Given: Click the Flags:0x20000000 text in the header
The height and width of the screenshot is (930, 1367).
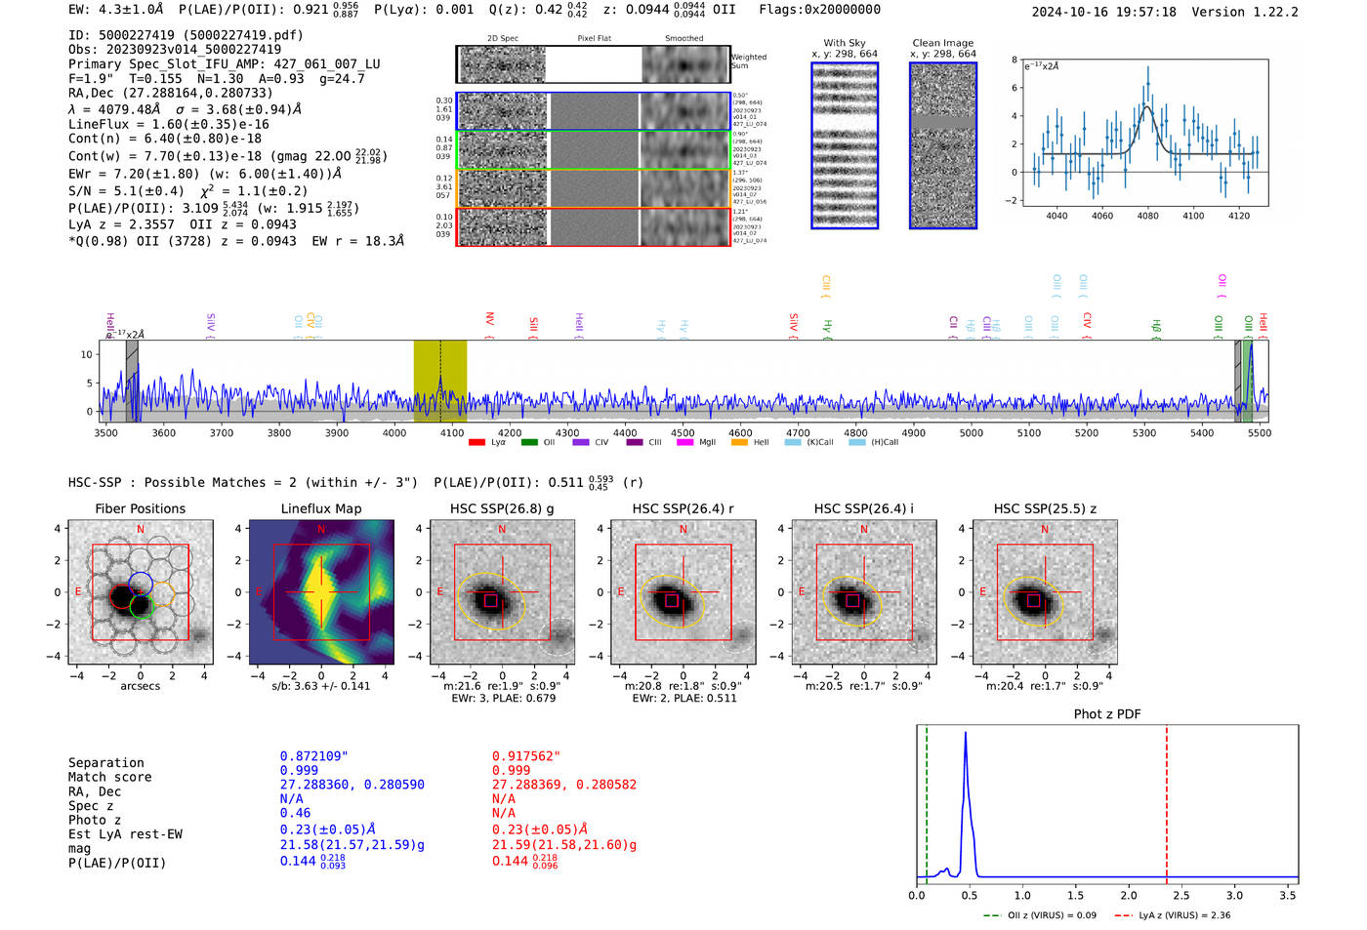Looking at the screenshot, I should [819, 10].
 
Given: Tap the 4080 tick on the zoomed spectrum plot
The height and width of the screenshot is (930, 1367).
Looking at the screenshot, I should [1147, 216].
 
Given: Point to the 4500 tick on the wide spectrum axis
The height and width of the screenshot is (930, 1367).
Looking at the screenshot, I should [683, 432].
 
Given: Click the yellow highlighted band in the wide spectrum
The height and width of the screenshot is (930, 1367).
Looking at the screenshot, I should [439, 381].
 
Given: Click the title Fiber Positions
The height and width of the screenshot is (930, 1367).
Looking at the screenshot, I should [140, 508].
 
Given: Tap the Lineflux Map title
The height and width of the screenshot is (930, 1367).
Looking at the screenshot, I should [320, 508].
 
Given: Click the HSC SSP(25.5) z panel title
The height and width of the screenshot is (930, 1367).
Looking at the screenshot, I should [1045, 508].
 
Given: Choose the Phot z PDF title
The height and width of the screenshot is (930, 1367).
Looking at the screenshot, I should [1106, 714].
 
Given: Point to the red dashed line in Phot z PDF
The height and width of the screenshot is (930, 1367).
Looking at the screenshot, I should [1166, 800].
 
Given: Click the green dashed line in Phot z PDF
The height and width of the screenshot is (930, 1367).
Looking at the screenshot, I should [927, 800].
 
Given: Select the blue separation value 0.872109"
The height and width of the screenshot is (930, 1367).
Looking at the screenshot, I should [313, 756].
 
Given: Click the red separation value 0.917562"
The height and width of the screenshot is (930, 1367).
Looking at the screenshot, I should [526, 756].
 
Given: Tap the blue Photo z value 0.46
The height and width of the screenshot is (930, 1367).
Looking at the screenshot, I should [295, 813].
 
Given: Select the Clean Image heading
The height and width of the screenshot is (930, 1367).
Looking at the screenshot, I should [942, 43].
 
